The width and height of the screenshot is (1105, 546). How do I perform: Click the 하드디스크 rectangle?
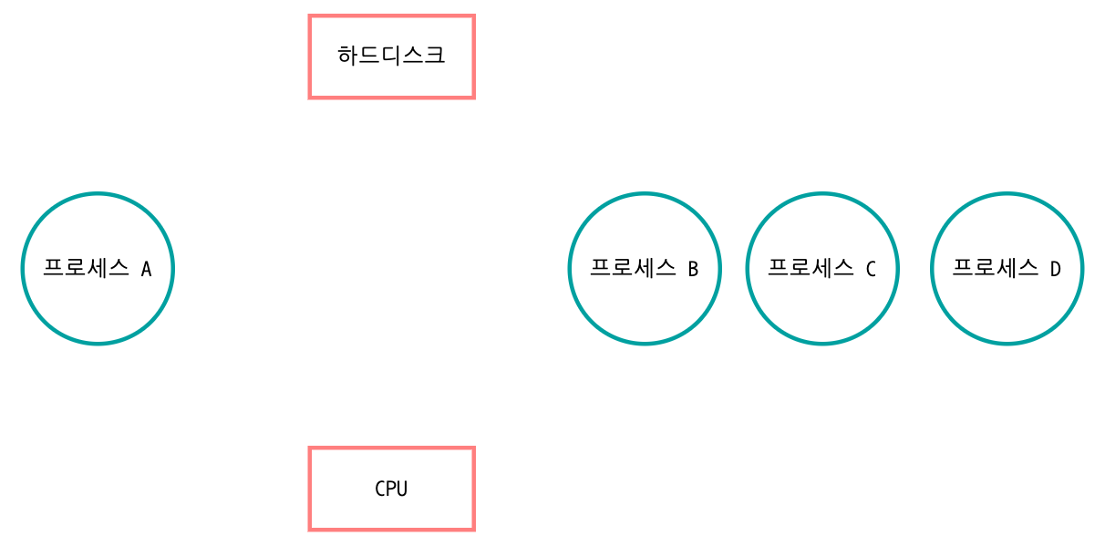(391, 57)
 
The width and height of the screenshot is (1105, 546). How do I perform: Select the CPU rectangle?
(391, 489)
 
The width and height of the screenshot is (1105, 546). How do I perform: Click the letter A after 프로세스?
(145, 269)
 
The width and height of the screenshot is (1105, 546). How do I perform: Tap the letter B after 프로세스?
(692, 269)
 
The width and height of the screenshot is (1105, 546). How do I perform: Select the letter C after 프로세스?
(870, 269)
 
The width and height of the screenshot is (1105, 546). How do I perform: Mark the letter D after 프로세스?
(1055, 269)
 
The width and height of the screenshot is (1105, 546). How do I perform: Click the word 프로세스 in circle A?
(86, 268)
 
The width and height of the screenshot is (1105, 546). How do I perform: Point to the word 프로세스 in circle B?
(633, 268)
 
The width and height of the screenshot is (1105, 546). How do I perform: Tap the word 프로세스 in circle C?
(811, 268)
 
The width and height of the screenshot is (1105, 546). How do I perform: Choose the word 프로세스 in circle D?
(996, 268)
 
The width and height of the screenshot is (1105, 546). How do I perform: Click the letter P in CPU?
(391, 489)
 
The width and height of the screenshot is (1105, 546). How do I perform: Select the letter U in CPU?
(402, 489)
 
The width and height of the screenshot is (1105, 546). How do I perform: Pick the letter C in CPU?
(380, 489)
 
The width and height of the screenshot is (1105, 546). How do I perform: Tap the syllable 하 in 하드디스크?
(348, 56)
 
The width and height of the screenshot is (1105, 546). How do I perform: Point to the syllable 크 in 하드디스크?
(435, 56)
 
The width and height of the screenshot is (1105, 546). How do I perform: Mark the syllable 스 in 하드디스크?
(413, 56)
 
